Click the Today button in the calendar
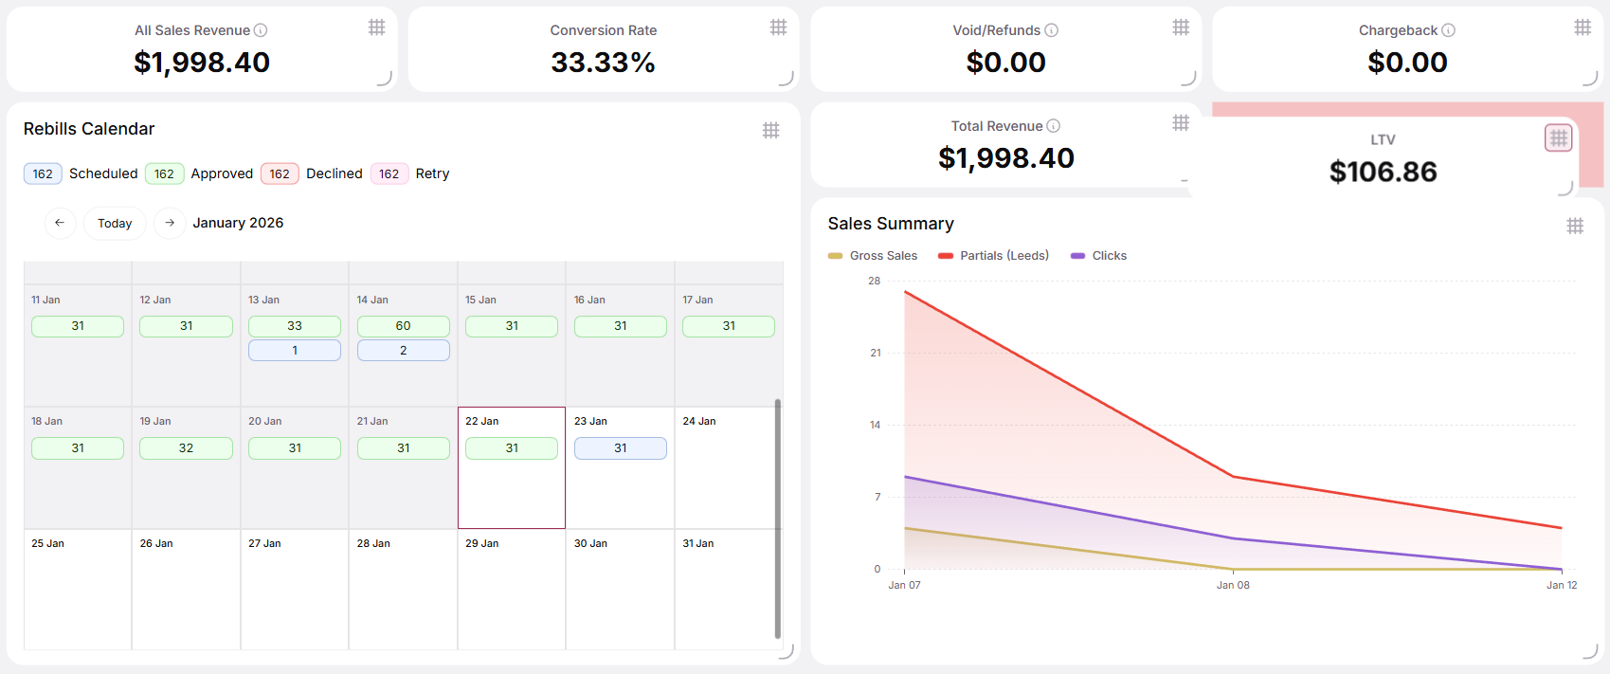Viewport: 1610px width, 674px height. click(x=115, y=223)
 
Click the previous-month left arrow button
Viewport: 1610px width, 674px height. click(x=60, y=223)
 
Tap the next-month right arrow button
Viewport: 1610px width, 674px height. click(x=170, y=223)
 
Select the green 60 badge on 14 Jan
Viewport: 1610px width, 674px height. click(x=404, y=326)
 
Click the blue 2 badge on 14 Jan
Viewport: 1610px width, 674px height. click(x=404, y=351)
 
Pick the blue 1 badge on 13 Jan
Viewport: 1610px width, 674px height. click(x=295, y=351)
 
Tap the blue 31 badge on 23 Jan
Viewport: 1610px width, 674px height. click(x=621, y=448)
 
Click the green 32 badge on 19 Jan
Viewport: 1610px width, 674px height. click(x=186, y=448)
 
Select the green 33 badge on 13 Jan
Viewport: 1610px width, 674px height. click(x=295, y=326)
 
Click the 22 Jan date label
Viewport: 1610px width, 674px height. click(x=481, y=421)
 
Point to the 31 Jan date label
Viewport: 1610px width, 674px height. click(x=697, y=543)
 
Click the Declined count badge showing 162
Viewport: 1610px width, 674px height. click(x=280, y=173)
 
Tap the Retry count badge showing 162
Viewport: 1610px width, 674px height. click(x=389, y=173)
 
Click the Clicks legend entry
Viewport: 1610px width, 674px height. click(x=1098, y=255)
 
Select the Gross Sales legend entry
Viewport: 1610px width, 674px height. click(x=873, y=255)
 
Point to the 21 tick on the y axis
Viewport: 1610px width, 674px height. click(x=875, y=353)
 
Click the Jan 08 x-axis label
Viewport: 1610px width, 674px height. click(x=1233, y=585)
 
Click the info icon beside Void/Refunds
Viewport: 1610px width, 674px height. click(x=1051, y=30)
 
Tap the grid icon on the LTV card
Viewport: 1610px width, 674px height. click(x=1558, y=137)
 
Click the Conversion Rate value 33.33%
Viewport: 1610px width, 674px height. click(x=603, y=63)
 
